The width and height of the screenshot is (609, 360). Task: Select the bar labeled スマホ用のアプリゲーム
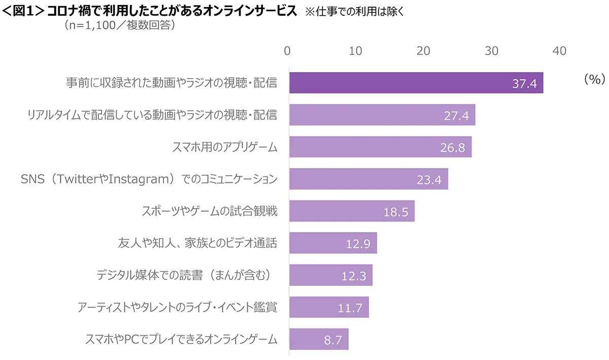click(381, 147)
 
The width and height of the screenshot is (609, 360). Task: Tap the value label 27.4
click(456, 115)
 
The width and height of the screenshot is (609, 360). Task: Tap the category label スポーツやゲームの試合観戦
click(209, 211)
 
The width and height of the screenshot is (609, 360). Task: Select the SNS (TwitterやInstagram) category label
click(149, 179)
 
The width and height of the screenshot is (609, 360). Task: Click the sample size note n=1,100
click(120, 25)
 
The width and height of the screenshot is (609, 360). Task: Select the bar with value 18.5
click(352, 211)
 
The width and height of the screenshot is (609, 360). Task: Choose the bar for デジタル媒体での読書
click(330, 275)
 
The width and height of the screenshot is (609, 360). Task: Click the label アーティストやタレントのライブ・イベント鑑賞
click(177, 307)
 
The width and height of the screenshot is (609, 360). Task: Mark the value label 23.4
click(429, 180)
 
